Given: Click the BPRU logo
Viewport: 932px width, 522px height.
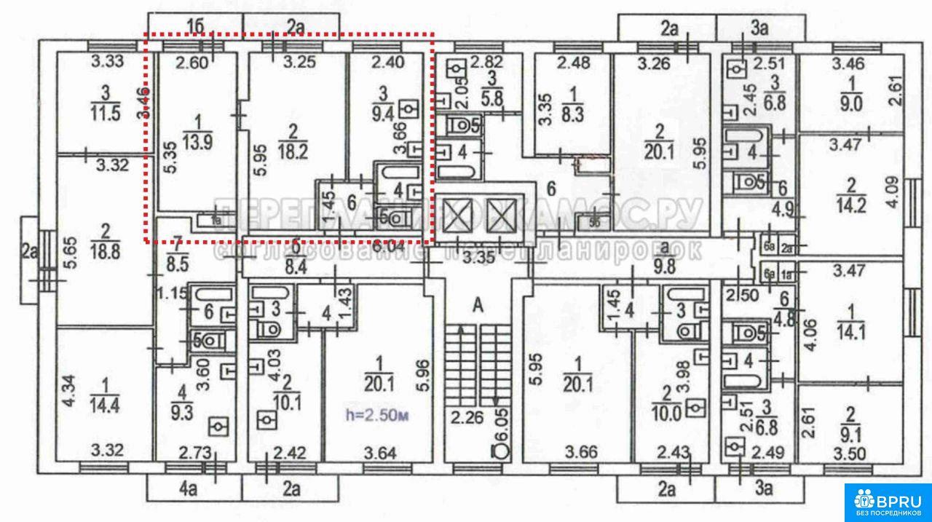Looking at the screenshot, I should [x=888, y=502].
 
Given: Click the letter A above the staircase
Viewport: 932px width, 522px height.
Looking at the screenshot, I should [x=478, y=307].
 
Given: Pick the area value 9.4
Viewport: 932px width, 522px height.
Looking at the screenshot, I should [x=383, y=114].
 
